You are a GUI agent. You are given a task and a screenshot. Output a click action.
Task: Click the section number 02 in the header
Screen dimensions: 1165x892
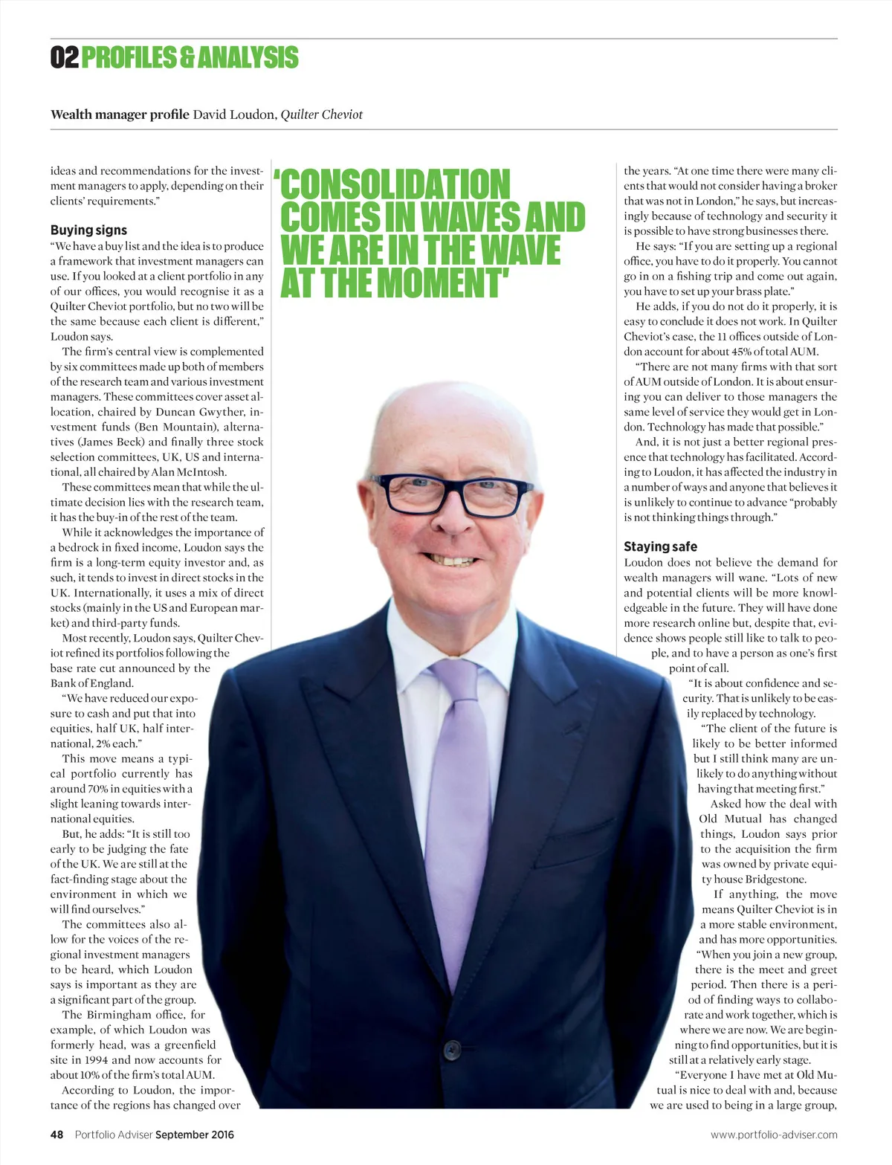coord(64,57)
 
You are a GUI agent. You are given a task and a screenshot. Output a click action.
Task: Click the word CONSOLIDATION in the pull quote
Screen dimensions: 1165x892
coord(395,184)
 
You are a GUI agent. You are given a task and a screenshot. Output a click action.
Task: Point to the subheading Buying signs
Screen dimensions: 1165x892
coord(88,230)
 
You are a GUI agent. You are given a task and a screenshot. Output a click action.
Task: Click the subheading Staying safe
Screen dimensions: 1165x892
coord(660,546)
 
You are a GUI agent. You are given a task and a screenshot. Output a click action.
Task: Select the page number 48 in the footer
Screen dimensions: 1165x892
coord(56,1135)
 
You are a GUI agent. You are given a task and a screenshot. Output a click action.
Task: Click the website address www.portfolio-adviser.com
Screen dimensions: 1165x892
coord(774,1135)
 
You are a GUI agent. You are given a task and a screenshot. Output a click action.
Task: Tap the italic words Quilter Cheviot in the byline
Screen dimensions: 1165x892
coord(321,114)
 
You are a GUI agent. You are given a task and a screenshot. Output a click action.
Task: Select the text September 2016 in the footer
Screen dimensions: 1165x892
coord(195,1135)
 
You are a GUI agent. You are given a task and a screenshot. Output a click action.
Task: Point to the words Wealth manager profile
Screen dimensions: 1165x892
coord(120,114)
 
